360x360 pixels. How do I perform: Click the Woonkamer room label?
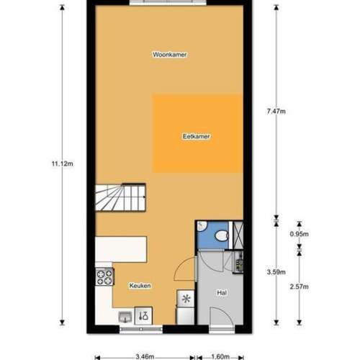[165, 54]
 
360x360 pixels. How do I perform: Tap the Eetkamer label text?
[197, 135]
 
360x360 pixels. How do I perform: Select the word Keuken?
[140, 286]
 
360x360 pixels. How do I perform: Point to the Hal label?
[222, 294]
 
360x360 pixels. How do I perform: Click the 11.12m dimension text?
[61, 163]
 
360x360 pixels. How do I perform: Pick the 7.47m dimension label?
[276, 111]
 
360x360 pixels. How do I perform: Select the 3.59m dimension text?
[276, 271]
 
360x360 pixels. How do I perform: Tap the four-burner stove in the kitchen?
[104, 276]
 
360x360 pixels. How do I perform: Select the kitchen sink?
[125, 315]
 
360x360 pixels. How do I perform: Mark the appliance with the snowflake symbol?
[186, 298]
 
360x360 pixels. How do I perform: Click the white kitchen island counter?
[121, 248]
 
